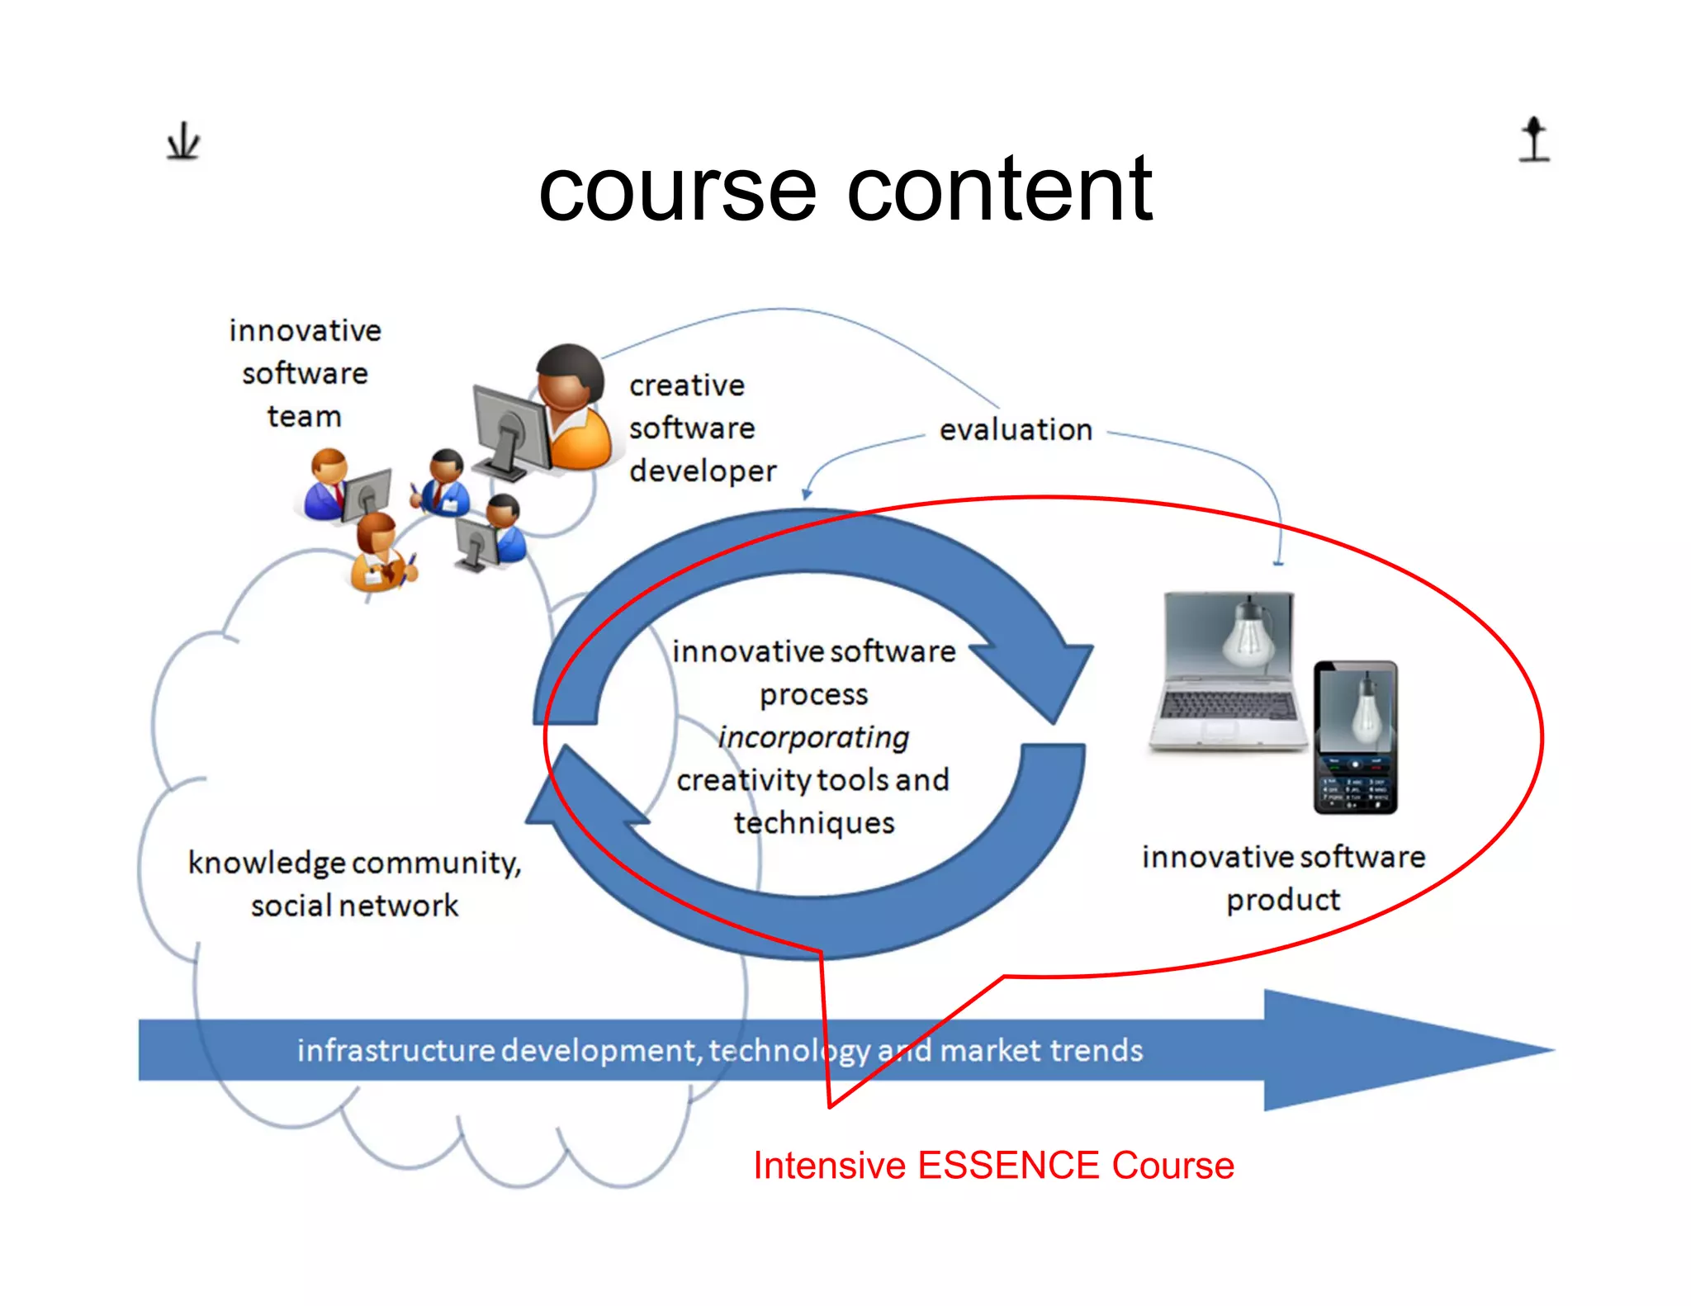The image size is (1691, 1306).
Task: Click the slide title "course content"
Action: (x=845, y=190)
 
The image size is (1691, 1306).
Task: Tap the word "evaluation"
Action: (x=1016, y=430)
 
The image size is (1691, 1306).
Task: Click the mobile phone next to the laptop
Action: (x=1355, y=737)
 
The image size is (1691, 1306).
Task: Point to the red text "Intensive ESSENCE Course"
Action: (x=993, y=1166)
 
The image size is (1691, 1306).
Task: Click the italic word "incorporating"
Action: (x=813, y=737)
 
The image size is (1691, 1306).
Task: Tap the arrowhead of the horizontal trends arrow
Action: (x=1404, y=1050)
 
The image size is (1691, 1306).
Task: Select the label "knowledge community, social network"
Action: (x=355, y=884)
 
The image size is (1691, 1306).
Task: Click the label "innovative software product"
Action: (x=1283, y=878)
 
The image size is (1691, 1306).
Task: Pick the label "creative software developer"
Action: (x=702, y=428)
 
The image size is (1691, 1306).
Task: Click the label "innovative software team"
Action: (x=305, y=373)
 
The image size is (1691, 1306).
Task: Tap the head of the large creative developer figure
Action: (x=569, y=376)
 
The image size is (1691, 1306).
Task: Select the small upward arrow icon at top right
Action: (x=1534, y=139)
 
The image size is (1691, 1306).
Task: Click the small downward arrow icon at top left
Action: (x=182, y=141)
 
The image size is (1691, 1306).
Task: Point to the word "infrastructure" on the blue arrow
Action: (x=396, y=1051)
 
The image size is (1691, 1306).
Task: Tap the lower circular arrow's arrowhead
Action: (x=578, y=793)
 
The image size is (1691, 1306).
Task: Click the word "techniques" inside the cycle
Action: (x=814, y=823)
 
